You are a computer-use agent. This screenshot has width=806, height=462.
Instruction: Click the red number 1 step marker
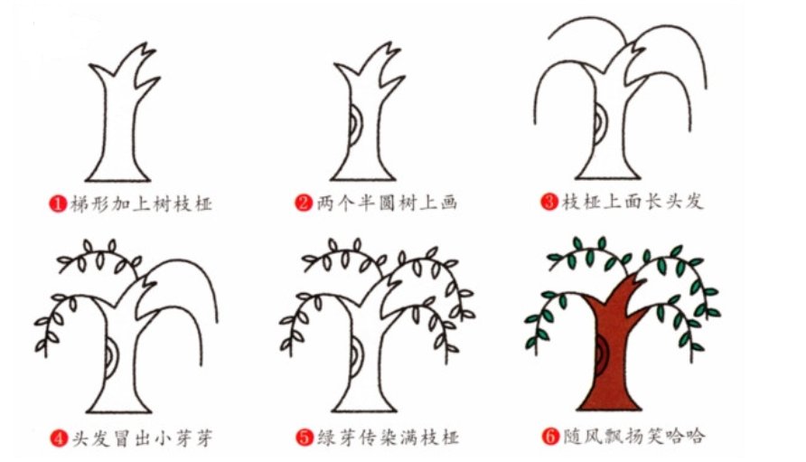(56, 203)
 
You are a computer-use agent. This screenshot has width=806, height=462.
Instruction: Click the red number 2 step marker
(304, 203)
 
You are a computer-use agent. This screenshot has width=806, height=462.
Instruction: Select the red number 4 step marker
(56, 438)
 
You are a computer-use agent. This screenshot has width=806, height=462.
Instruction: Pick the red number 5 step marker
(304, 438)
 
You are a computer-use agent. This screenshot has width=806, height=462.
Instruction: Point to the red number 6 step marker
(549, 438)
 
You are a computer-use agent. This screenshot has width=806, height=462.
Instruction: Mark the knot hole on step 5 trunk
(355, 361)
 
